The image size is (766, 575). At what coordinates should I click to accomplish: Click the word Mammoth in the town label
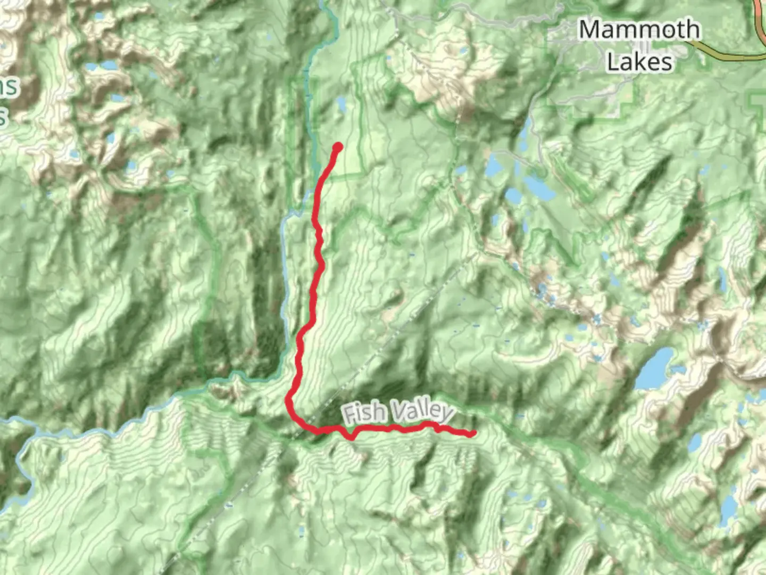click(639, 30)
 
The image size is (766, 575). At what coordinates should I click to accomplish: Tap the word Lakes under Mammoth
click(639, 62)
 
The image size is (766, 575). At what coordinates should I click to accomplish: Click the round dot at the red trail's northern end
click(337, 147)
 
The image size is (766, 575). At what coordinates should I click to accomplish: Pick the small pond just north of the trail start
click(341, 105)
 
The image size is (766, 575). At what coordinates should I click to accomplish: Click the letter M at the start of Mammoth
click(590, 30)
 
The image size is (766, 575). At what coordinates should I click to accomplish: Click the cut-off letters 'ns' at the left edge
click(9, 86)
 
